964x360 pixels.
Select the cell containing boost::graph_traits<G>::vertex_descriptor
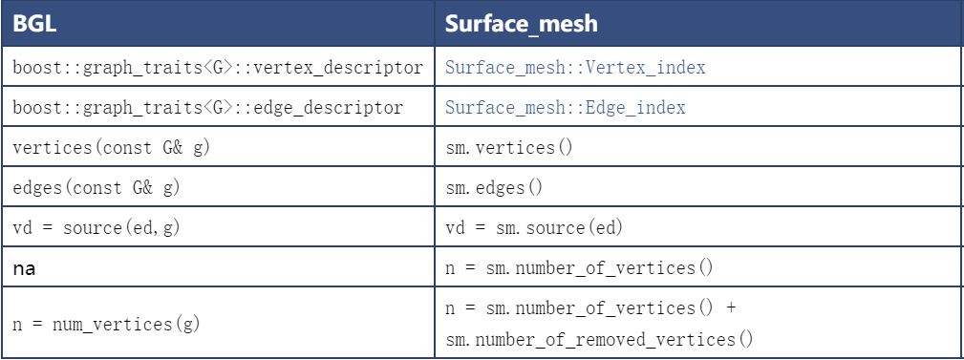coord(218,68)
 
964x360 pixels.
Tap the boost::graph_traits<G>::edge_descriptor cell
coord(207,108)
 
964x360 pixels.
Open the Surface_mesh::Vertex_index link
coord(575,68)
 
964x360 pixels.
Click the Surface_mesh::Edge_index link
coord(566,108)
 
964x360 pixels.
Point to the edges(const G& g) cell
coord(96,188)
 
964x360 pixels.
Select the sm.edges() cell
coord(494,188)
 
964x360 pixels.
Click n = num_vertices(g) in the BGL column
coord(107,324)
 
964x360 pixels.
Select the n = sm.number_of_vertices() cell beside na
coord(580,269)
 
